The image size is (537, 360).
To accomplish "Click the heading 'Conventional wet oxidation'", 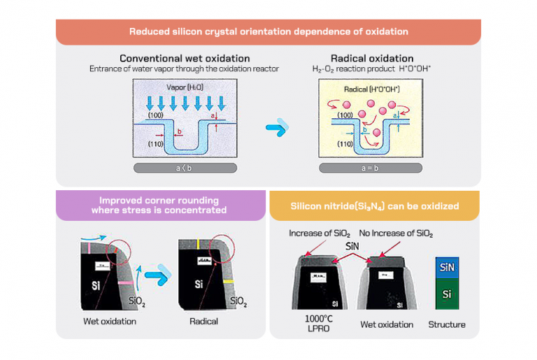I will (x=185, y=58).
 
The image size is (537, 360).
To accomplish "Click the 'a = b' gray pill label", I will (x=371, y=168).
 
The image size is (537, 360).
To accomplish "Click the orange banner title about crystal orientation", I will (x=268, y=31).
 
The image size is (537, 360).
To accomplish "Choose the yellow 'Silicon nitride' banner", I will (x=375, y=206).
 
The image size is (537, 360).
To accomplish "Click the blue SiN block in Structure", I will (x=447, y=267).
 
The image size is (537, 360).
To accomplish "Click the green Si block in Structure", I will (x=447, y=294).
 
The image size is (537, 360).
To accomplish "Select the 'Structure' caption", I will (x=447, y=324).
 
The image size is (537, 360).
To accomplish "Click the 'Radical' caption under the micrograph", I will (x=203, y=322).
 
